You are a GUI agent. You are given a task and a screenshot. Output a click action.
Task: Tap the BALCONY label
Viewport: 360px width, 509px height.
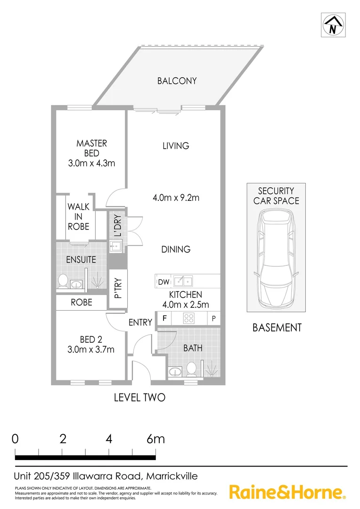tap(177, 81)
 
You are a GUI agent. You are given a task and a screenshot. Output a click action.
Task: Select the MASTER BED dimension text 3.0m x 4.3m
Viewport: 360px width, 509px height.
tap(92, 164)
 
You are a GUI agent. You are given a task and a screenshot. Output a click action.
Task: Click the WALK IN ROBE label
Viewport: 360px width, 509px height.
tap(78, 216)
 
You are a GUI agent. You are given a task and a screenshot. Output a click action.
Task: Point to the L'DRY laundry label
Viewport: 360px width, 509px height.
tap(117, 226)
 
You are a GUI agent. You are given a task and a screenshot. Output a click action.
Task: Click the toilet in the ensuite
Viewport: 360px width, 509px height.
tap(62, 281)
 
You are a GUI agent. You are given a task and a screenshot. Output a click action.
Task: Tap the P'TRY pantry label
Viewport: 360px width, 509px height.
tap(118, 288)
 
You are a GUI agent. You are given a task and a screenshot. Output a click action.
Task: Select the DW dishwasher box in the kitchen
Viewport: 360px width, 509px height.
tap(163, 282)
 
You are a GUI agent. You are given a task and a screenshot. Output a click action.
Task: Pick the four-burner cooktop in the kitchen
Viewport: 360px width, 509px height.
tap(189, 319)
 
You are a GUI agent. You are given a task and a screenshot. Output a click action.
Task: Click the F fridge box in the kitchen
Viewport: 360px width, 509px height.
tap(164, 319)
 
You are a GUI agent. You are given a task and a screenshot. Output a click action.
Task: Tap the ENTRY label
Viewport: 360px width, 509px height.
tap(140, 323)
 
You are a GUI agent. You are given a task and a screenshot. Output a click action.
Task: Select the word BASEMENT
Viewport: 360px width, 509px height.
tap(277, 328)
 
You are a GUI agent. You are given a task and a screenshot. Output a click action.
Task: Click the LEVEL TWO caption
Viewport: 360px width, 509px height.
tap(139, 398)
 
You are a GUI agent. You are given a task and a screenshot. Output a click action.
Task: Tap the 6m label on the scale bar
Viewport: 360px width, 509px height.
tap(155, 439)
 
